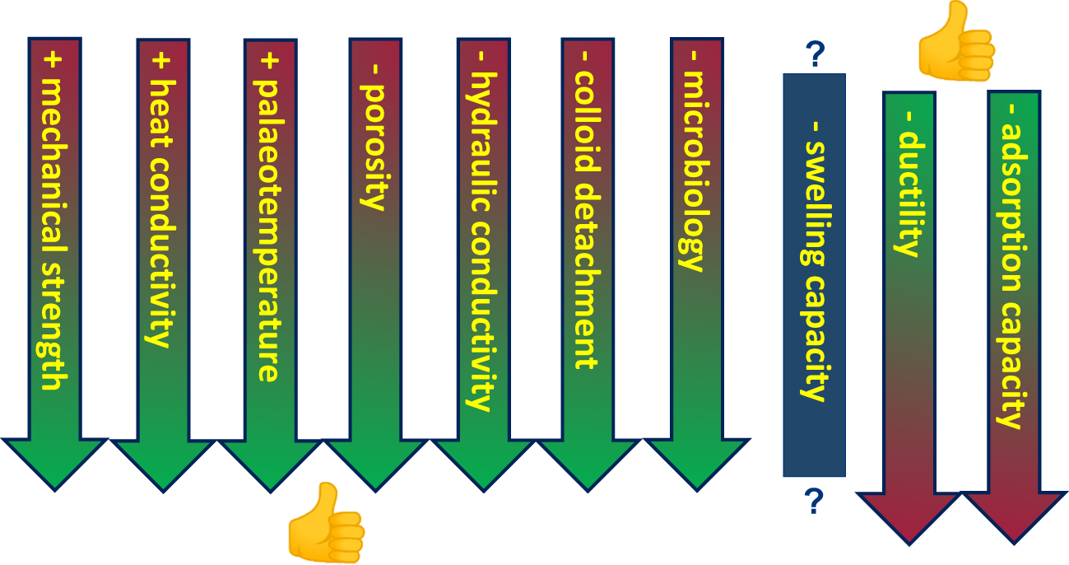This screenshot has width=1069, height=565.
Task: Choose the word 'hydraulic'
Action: [482, 142]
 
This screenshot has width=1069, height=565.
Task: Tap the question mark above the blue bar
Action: [815, 54]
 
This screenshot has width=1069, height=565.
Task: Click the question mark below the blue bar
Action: [814, 501]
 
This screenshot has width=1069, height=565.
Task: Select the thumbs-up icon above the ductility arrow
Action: [956, 41]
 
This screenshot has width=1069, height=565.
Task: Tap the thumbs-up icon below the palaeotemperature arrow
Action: [327, 522]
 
